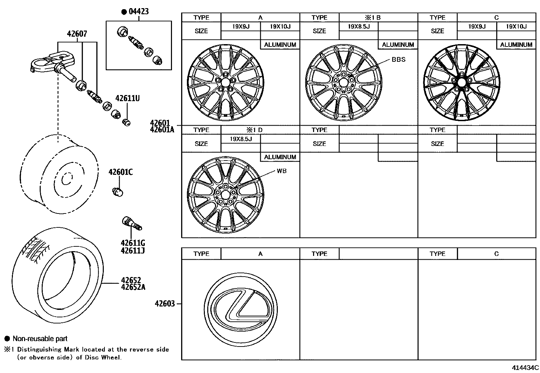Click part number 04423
pos(138,12)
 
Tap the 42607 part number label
pos(77,34)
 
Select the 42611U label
pos(127,98)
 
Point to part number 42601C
pos(120,172)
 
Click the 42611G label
pos(133,243)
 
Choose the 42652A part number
pos(133,287)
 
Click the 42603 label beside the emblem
pos(165,303)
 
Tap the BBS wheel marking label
pos(398,59)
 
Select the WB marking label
pos(282,171)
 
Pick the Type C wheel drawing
pos(461,83)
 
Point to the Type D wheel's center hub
pos(225,194)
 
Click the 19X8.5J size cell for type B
pos(359,26)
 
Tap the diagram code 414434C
pos(525,368)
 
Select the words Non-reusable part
pos(40,338)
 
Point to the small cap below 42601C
pos(118,192)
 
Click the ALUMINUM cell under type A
pos(280,44)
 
